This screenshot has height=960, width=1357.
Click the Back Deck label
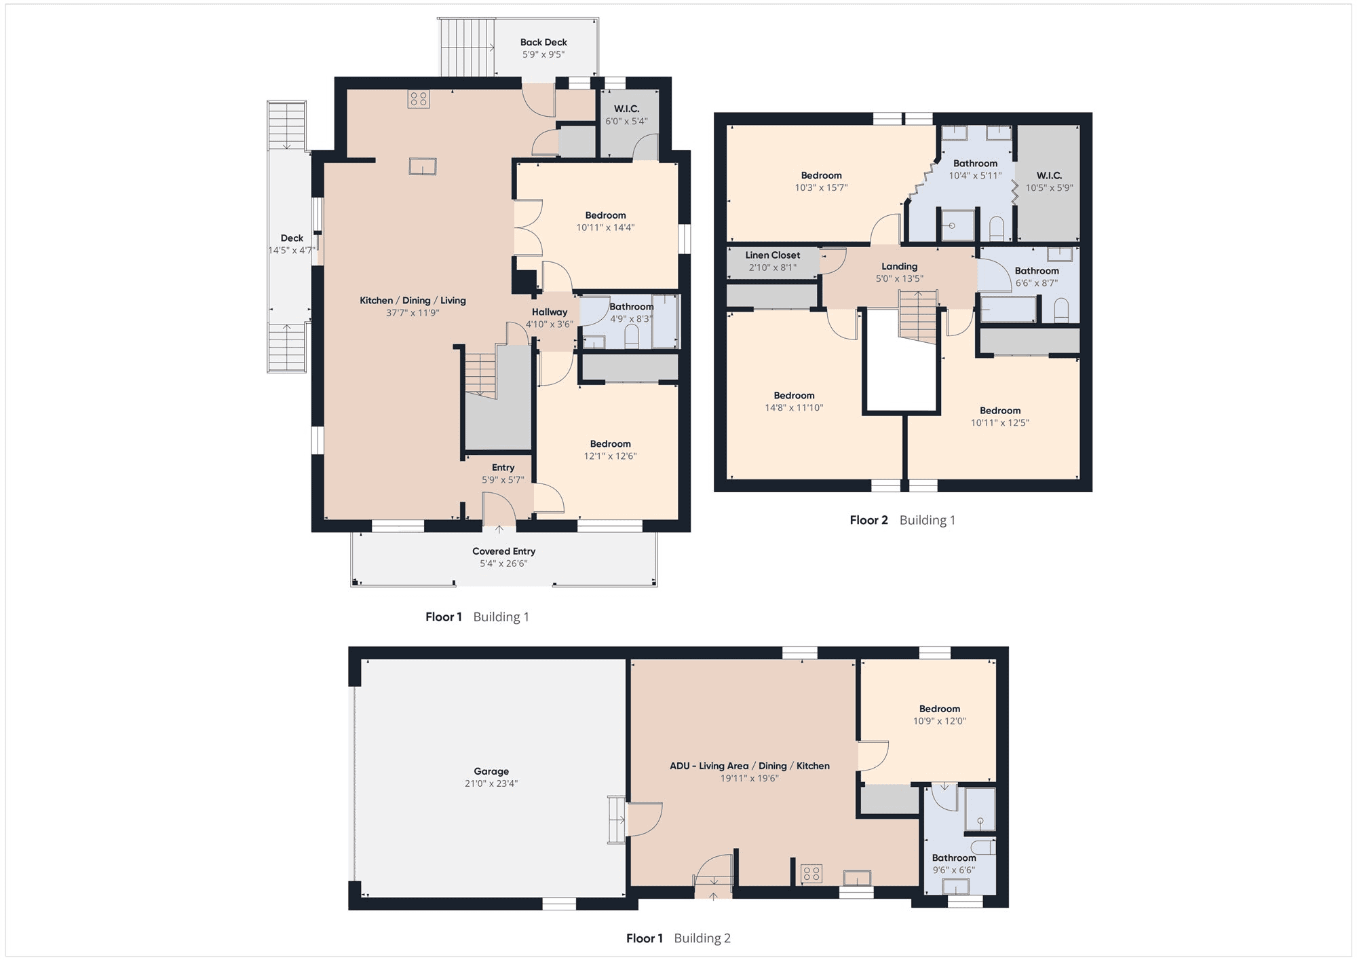pos(543,42)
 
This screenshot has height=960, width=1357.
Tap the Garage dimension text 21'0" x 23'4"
pos(491,783)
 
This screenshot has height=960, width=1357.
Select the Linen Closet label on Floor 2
pos(773,255)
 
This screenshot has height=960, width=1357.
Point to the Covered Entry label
pos(503,551)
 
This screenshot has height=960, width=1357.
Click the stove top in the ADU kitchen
pos(811,873)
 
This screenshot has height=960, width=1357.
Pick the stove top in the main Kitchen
pos(419,99)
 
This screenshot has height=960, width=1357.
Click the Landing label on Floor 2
pos(900,266)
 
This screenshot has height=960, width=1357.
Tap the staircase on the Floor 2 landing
pos(918,316)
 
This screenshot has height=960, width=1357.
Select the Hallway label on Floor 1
pos(550,312)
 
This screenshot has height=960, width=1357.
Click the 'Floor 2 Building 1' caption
pos(902,520)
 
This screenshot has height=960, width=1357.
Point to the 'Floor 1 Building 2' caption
pos(678,938)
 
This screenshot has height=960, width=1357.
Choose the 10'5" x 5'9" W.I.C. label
pos(1049,181)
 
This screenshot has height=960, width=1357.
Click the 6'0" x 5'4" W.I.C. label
pos(626,115)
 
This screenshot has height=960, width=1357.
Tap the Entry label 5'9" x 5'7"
pos(503,474)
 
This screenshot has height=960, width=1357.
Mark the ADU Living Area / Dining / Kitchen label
pos(750,766)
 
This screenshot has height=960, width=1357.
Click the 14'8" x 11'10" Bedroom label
pos(794,401)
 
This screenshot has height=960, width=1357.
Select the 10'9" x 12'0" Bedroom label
pos(940,715)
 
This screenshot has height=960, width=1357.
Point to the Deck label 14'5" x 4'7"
pos(292,244)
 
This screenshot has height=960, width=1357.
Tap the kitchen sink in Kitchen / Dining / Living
pos(423,166)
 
